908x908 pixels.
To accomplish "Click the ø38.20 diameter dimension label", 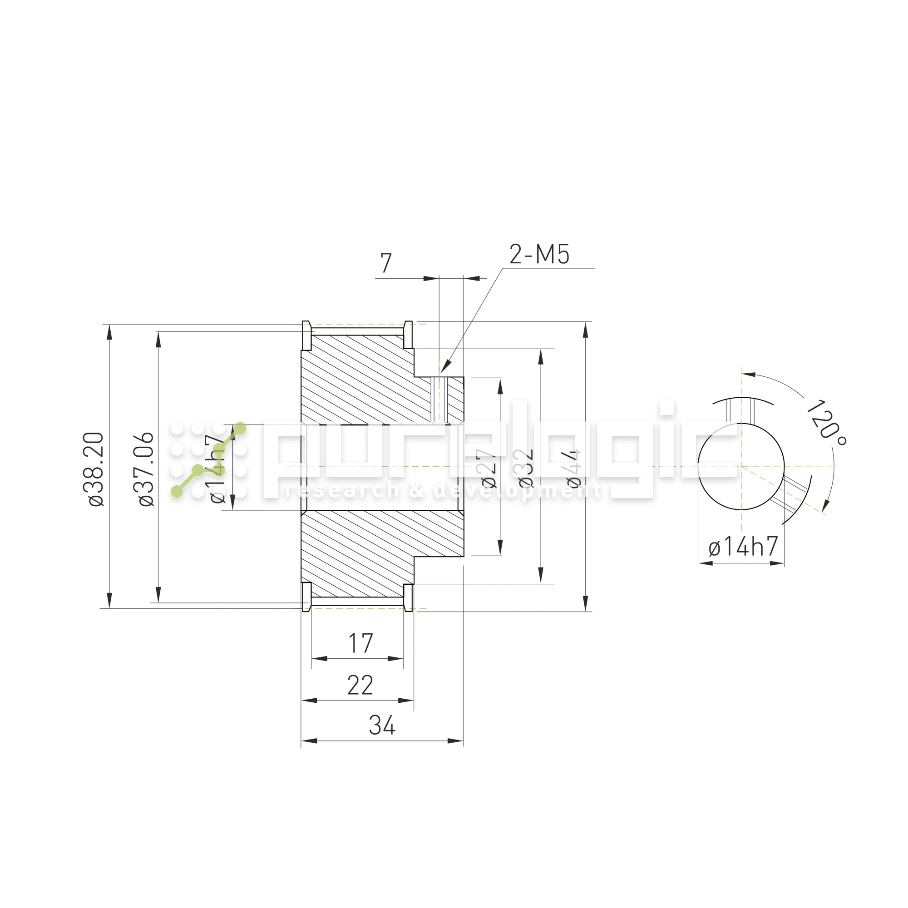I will [96, 469].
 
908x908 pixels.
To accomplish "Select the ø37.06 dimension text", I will [147, 469].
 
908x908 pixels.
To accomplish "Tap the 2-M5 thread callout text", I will [539, 255].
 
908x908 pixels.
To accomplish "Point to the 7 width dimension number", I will [386, 263].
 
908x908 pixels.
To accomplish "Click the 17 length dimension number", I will [360, 644].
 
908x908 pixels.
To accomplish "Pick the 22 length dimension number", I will [360, 686].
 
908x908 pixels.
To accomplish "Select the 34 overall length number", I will [382, 725].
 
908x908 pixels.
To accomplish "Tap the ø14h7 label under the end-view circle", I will [743, 547].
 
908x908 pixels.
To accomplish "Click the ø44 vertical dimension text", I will [574, 468].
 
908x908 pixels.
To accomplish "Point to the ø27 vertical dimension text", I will [488, 468].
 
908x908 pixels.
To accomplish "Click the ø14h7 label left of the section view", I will [217, 469].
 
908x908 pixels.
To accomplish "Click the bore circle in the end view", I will [741, 466].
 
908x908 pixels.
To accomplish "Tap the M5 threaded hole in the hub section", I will [440, 400].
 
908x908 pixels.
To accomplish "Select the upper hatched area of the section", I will [362, 385].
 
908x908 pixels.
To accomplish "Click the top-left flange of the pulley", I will [306, 336].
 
